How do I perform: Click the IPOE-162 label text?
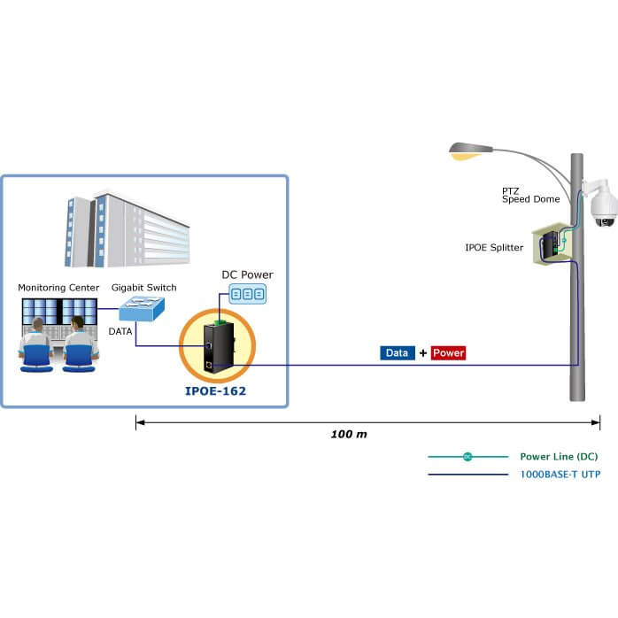click(x=215, y=388)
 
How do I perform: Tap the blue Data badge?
click(x=398, y=352)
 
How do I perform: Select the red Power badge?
click(x=448, y=352)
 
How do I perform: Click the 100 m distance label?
click(x=349, y=435)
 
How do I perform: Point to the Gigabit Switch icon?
click(x=143, y=310)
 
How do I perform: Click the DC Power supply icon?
click(x=247, y=294)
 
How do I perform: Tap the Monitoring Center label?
click(x=59, y=288)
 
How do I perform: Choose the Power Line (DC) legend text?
click(x=559, y=457)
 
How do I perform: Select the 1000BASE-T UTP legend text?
click(x=558, y=475)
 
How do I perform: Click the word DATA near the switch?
click(x=120, y=330)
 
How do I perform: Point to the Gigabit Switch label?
click(x=144, y=288)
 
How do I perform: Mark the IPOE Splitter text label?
click(x=494, y=247)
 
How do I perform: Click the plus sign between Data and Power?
click(x=423, y=352)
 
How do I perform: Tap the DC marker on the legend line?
click(x=467, y=457)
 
